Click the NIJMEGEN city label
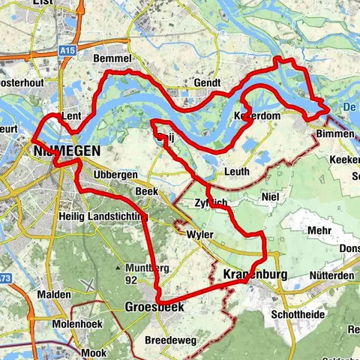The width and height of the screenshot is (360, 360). tap(67, 151)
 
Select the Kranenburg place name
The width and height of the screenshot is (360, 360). tap(256, 274)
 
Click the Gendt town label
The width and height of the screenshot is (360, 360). tap(207, 82)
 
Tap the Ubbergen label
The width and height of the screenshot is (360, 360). tap(115, 175)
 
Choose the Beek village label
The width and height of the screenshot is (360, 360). tap(146, 192)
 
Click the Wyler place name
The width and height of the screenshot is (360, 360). tap(199, 235)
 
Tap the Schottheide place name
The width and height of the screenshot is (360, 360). tap(298, 314)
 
